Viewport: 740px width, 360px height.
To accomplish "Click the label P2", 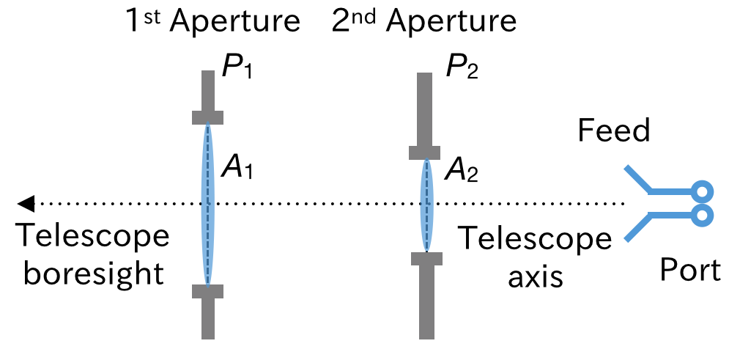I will click(462, 71).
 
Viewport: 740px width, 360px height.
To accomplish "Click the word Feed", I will click(613, 131).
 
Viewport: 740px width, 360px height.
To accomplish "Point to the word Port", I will click(690, 271).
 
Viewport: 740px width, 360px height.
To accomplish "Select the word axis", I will click(535, 276).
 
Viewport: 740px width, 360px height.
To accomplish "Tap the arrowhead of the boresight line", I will click(25, 203).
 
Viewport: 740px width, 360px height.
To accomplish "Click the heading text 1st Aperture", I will click(213, 22).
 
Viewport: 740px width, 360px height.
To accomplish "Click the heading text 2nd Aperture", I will click(424, 22).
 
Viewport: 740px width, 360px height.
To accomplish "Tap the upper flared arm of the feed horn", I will click(637, 180).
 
